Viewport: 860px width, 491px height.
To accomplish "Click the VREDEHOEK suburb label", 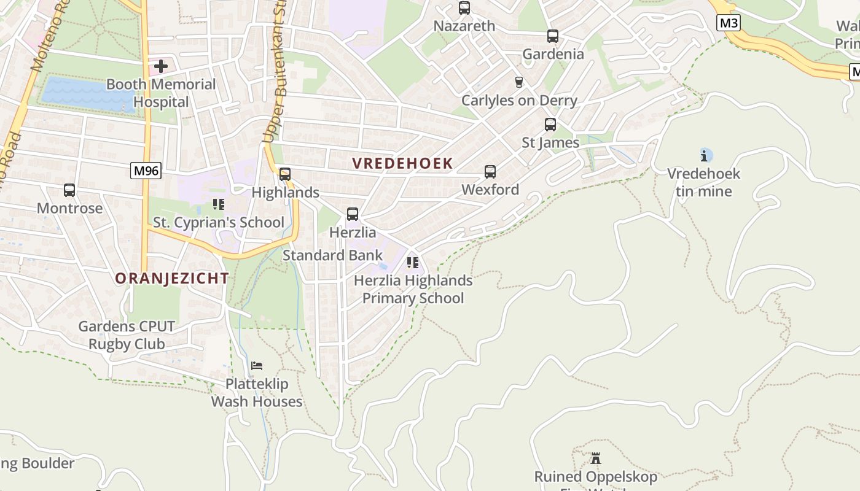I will point(402,163).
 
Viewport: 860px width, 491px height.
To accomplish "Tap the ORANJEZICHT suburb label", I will point(172,278).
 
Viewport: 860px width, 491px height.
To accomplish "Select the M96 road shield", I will point(146,171).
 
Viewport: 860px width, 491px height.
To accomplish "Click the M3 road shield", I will point(729,23).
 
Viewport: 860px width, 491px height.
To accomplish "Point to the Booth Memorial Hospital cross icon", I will point(161,66).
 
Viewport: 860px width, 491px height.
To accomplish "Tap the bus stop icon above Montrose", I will point(69,190).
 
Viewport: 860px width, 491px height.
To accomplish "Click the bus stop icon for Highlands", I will point(285,174).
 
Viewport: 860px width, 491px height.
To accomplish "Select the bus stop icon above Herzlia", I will point(353,214).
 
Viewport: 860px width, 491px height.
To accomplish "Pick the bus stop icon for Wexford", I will point(490,172).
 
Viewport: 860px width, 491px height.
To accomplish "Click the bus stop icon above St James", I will point(550,125).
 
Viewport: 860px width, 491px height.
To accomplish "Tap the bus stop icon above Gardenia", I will point(553,36).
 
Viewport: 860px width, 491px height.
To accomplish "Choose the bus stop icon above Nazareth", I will point(464,8).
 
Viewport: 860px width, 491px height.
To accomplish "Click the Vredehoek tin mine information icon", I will point(706,155).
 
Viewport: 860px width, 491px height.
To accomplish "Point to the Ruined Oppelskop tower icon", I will point(595,458).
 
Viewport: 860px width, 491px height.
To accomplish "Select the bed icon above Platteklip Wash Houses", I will point(257,366).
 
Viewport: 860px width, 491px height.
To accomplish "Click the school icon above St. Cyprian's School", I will point(219,204).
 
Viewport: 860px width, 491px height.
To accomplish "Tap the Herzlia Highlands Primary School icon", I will point(413,263).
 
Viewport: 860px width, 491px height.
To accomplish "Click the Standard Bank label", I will point(332,255).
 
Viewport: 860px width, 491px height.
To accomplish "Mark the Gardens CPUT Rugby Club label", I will point(127,335).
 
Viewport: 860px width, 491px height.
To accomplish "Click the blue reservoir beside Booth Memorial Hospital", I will point(86,93).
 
